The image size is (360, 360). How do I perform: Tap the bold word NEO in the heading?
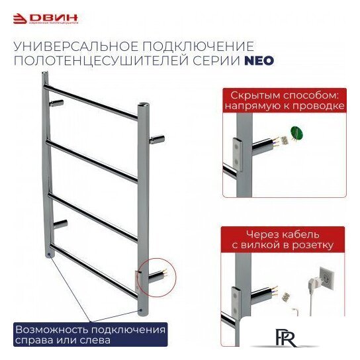259,60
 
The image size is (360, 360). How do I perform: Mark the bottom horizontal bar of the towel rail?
93,269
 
